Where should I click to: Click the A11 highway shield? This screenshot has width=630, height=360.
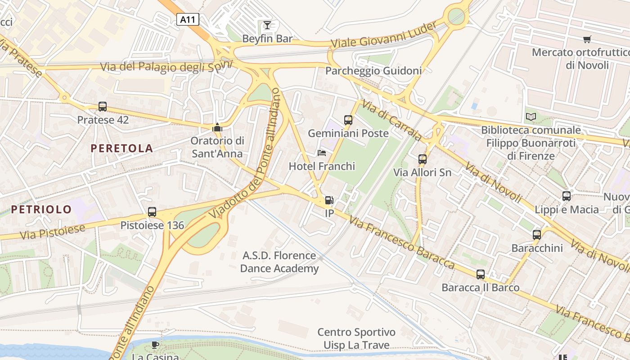187,19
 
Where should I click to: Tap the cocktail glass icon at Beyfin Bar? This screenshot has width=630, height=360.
267,25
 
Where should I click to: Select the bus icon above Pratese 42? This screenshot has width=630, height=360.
103,107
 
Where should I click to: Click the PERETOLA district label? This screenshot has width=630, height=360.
122,148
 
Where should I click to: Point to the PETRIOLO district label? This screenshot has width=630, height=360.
41,209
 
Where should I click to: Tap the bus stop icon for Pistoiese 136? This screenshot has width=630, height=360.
152,211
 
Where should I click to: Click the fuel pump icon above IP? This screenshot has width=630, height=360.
329,200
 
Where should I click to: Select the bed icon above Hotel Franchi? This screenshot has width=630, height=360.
322,153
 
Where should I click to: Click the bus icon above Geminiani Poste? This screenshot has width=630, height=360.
348,120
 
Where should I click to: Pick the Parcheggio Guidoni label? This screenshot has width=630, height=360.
373,71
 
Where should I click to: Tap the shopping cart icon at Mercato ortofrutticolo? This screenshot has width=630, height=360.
587,39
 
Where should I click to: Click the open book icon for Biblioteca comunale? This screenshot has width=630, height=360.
531,117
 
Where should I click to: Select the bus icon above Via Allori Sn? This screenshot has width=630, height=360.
422,159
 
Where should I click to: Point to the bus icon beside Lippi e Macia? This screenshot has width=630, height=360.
567,196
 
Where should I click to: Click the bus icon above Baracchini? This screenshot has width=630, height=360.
536,234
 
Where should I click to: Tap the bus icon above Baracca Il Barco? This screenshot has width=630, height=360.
481,274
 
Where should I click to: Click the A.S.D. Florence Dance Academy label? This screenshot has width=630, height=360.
279,262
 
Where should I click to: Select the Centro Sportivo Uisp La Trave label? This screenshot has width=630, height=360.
356,339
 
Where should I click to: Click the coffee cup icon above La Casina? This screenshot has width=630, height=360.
155,345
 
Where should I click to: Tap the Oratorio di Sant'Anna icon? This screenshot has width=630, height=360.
217,128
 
